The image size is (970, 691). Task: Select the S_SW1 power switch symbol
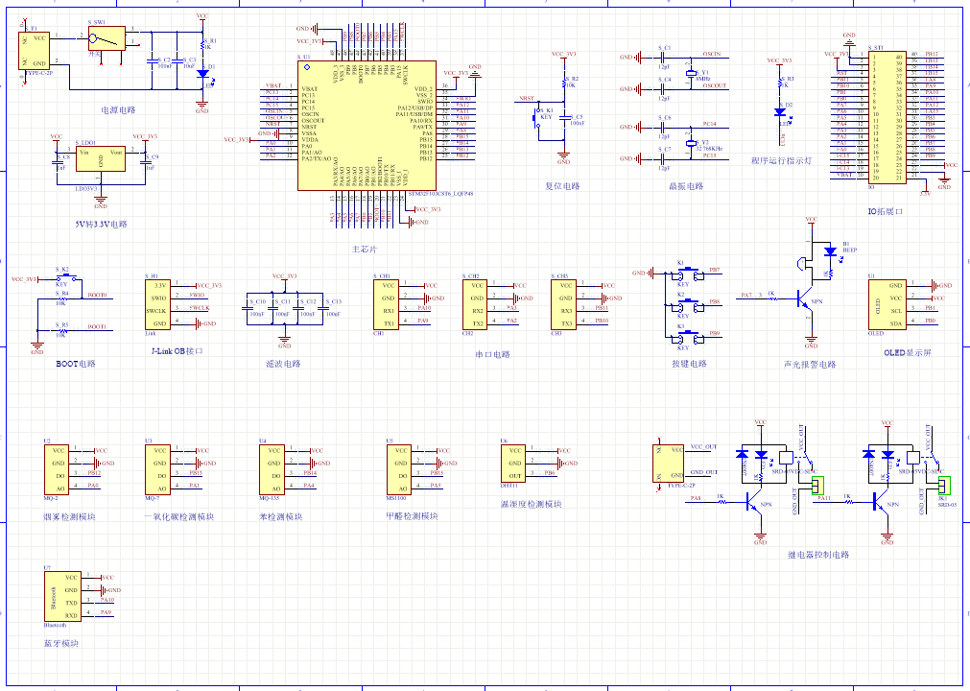click(105, 38)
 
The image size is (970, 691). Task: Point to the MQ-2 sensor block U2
click(59, 468)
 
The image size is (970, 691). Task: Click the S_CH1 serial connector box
click(387, 304)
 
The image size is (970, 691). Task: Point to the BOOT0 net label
click(97, 295)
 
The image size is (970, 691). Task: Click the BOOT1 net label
click(97, 327)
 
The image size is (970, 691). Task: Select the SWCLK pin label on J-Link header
click(158, 311)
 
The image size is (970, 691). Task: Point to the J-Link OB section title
click(177, 351)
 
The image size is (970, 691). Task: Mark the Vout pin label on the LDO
click(117, 153)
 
